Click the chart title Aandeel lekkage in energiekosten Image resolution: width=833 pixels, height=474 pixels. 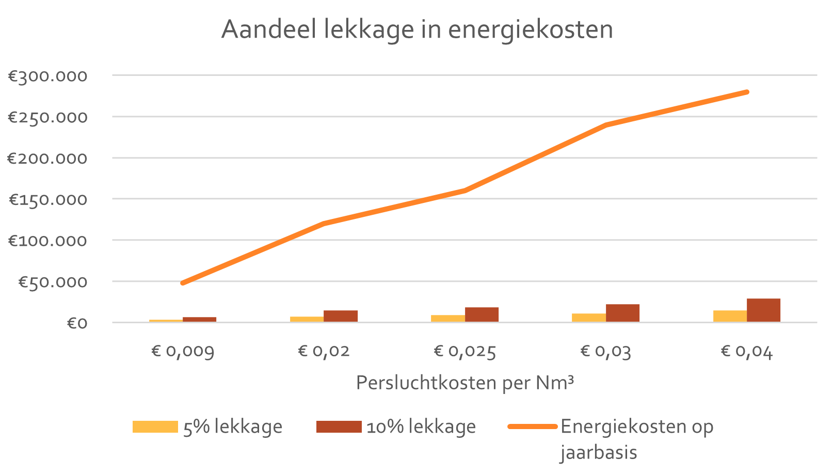[417, 29]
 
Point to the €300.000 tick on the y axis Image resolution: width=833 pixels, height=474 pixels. [48, 76]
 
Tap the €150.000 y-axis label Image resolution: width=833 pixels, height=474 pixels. [48, 200]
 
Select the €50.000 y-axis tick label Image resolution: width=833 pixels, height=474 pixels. [53, 282]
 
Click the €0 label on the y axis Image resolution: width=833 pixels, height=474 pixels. [77, 324]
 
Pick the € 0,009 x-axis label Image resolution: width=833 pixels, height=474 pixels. [183, 352]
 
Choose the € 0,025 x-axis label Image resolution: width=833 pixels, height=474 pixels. [464, 352]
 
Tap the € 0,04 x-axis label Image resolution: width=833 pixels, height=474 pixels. [746, 352]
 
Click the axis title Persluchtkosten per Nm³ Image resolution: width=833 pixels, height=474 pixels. [464, 383]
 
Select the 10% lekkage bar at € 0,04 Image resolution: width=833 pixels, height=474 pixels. [763, 310]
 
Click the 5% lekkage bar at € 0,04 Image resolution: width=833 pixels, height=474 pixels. [730, 316]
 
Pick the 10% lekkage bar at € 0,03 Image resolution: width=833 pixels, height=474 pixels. [622, 313]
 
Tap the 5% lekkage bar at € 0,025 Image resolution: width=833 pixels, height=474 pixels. [448, 318]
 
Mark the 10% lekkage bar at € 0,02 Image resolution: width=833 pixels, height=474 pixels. [341, 316]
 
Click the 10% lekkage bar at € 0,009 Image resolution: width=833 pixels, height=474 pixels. [199, 320]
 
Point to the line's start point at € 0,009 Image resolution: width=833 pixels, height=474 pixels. [183, 283]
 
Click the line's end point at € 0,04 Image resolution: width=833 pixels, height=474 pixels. [747, 92]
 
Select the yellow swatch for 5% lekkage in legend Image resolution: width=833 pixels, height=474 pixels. [155, 427]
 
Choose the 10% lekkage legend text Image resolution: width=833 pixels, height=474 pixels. [421, 427]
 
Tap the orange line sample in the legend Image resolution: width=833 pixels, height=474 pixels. [532, 427]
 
